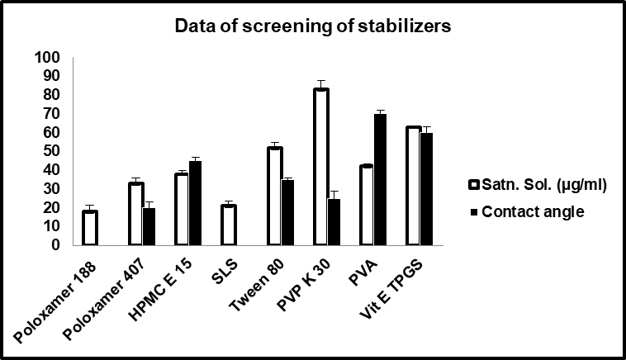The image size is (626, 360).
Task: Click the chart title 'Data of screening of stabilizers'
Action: coord(312,26)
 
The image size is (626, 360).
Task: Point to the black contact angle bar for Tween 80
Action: coord(287,212)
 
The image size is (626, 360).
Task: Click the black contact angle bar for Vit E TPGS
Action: coord(426,189)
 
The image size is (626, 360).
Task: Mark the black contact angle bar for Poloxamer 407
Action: coord(149,226)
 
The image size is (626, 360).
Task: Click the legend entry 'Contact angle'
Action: coord(532,211)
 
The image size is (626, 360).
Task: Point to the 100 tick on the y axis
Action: coord(49,57)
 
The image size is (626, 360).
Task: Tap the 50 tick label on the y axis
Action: coord(52,151)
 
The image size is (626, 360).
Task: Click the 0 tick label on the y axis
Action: coord(56,245)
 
